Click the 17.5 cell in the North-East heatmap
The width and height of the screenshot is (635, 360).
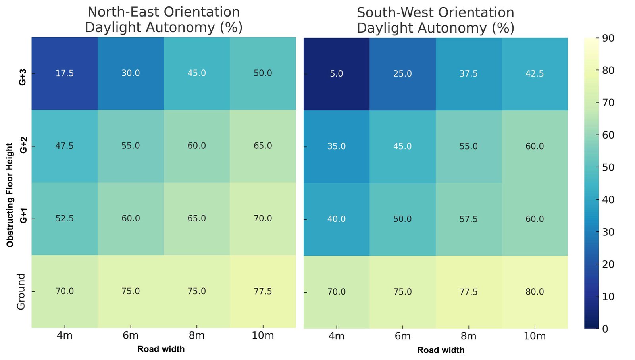coord(65,73)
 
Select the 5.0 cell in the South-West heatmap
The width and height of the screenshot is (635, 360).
coord(337,74)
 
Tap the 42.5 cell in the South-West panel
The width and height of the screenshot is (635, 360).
coord(535,74)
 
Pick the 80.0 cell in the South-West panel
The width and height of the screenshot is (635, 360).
coord(535,292)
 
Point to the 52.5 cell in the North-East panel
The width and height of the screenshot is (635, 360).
coord(65,219)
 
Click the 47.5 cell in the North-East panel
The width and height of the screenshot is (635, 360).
coord(65,146)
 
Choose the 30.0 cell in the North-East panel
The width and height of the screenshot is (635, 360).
coord(131,73)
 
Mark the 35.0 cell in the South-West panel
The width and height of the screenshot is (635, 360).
coord(337,146)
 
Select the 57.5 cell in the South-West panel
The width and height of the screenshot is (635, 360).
coord(469,219)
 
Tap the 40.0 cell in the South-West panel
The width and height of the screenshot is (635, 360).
coord(337,219)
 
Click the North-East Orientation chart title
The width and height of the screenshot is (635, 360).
coord(164,19)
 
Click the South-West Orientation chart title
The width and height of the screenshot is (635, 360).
coord(435,20)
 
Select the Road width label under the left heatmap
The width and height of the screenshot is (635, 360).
coord(161,349)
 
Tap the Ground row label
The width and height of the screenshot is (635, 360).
coord(21,292)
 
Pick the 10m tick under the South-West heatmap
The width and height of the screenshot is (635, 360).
coord(535,336)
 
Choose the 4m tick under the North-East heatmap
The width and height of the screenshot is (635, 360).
coord(65,335)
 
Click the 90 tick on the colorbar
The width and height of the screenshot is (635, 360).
coord(608,38)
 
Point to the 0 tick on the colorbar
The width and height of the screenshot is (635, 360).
coord(605,329)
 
